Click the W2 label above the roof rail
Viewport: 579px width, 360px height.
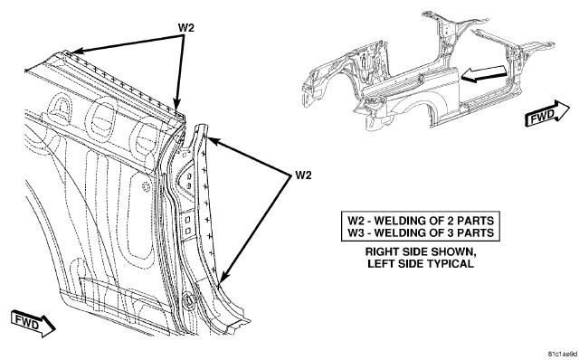click(186, 27)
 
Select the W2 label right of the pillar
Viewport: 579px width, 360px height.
click(303, 175)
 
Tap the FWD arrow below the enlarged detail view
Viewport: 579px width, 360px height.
click(33, 324)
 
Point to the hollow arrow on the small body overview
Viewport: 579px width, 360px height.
click(484, 73)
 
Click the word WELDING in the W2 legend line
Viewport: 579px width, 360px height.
click(401, 221)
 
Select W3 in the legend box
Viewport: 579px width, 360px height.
click(356, 232)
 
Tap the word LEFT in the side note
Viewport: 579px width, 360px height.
click(381, 263)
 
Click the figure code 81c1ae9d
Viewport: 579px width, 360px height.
click(562, 354)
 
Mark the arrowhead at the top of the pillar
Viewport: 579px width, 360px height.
click(214, 142)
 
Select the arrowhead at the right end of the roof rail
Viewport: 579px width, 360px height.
click(177, 105)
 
